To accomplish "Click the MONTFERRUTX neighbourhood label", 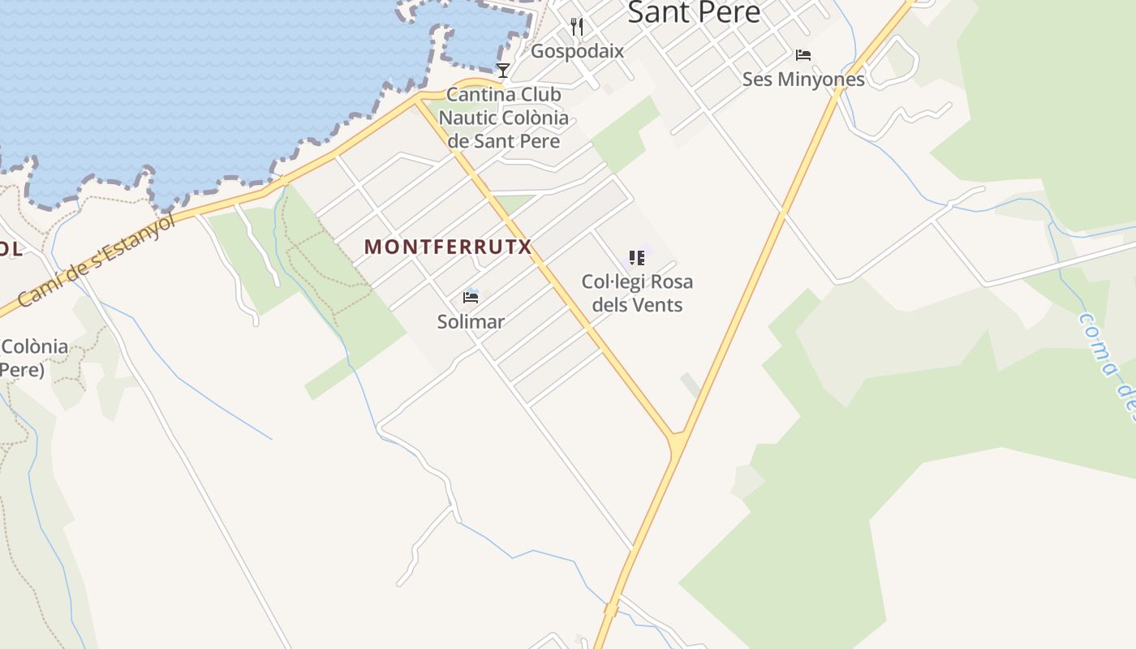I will pyautogui.click(x=447, y=247).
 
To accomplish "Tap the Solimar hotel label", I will pyautogui.click(x=471, y=322).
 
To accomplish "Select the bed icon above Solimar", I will pyautogui.click(x=471, y=297).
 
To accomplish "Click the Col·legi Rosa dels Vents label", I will pyautogui.click(x=637, y=293).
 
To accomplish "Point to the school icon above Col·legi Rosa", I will pyautogui.click(x=637, y=258).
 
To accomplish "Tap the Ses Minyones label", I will pyautogui.click(x=803, y=80).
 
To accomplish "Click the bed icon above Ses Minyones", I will pyautogui.click(x=803, y=55).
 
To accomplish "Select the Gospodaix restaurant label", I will pyautogui.click(x=577, y=51).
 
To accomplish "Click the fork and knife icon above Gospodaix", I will pyautogui.click(x=577, y=27).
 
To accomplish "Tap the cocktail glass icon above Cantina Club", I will pyautogui.click(x=503, y=71).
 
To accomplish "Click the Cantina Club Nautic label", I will pyautogui.click(x=504, y=118).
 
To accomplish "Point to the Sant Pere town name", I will pyautogui.click(x=694, y=13).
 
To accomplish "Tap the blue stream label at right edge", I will pyautogui.click(x=1107, y=365).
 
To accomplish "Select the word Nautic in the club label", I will pyautogui.click(x=469, y=118).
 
